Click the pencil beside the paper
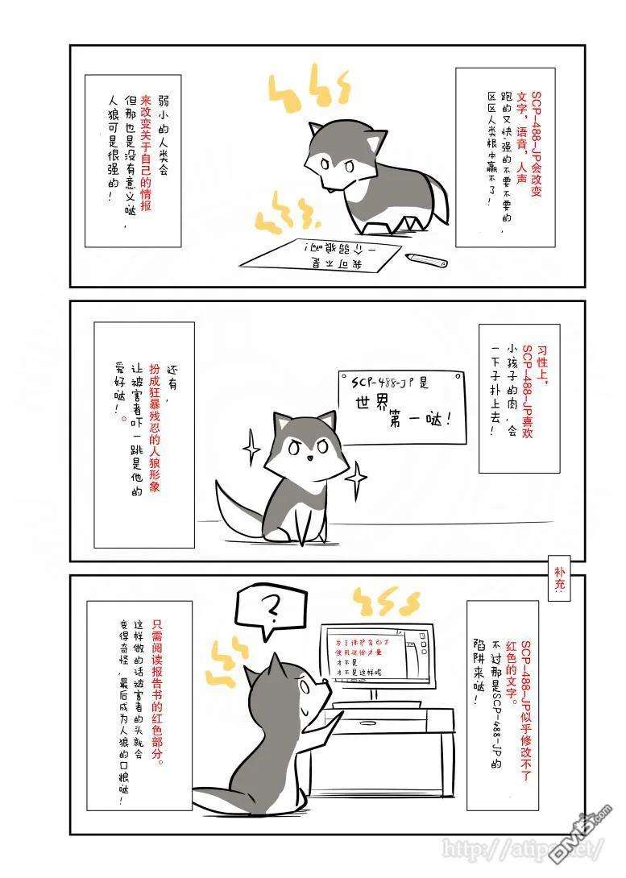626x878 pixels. point(426,259)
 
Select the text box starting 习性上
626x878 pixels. point(518,390)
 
